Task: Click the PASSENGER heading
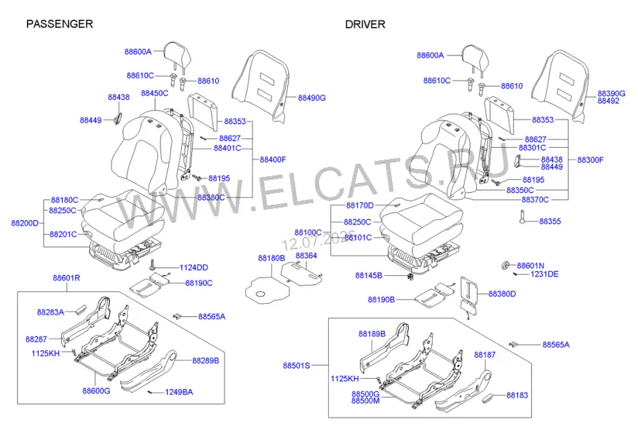[60, 24]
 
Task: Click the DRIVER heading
[365, 25]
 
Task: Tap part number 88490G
[311, 98]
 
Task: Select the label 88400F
[273, 160]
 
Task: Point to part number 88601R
[66, 277]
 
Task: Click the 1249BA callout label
[179, 392]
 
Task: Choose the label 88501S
[296, 366]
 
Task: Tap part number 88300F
[591, 160]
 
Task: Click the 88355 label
[550, 221]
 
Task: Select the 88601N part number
[530, 266]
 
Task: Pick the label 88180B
[271, 259]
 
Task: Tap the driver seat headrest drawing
[475, 58]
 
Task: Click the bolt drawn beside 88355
[522, 217]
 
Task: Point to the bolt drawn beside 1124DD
[153, 264]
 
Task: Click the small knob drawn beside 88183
[490, 398]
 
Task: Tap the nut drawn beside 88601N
[505, 266]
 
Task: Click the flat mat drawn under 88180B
[267, 290]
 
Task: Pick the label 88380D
[502, 294]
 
